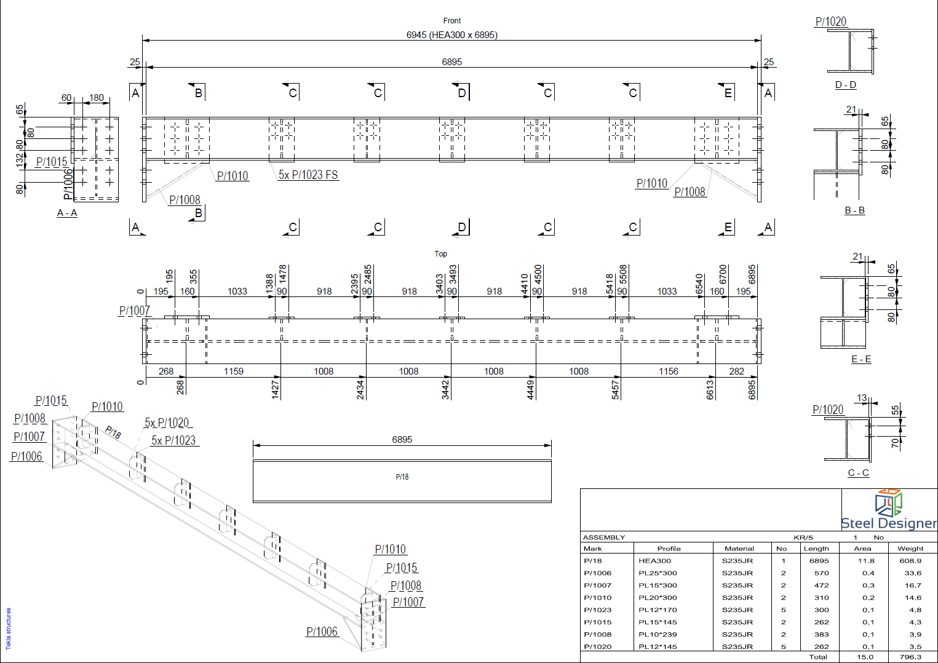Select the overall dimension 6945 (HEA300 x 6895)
(x=452, y=35)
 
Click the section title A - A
(x=67, y=213)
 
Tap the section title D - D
(x=846, y=85)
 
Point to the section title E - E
(x=861, y=359)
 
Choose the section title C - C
(x=859, y=473)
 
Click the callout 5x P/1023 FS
(x=308, y=175)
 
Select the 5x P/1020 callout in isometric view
(x=167, y=423)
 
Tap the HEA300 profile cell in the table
(x=654, y=561)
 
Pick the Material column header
(x=739, y=549)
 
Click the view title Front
(x=452, y=20)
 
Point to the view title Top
(x=440, y=254)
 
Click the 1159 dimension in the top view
(x=233, y=371)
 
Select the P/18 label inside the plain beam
(x=402, y=477)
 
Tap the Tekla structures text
(x=9, y=629)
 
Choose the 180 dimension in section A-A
(x=97, y=98)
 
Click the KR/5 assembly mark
(x=803, y=538)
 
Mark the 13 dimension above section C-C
(x=862, y=398)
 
